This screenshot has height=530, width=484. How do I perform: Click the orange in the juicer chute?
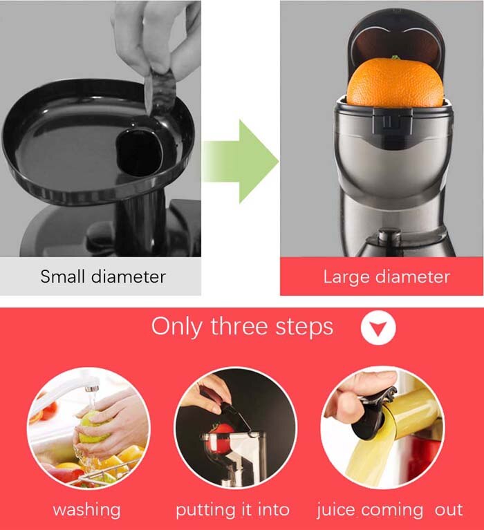pos(394,84)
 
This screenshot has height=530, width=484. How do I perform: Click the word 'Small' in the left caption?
pos(62,277)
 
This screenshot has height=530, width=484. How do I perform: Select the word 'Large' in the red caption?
pos(346,277)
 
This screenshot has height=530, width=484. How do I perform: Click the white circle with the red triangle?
pos(378,328)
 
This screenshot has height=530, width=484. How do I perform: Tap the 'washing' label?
pos(86,510)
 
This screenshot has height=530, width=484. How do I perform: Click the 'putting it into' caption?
pos(232,510)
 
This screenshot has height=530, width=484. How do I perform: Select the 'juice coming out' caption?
pos(389,510)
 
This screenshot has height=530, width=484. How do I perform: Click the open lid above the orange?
pos(395,35)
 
